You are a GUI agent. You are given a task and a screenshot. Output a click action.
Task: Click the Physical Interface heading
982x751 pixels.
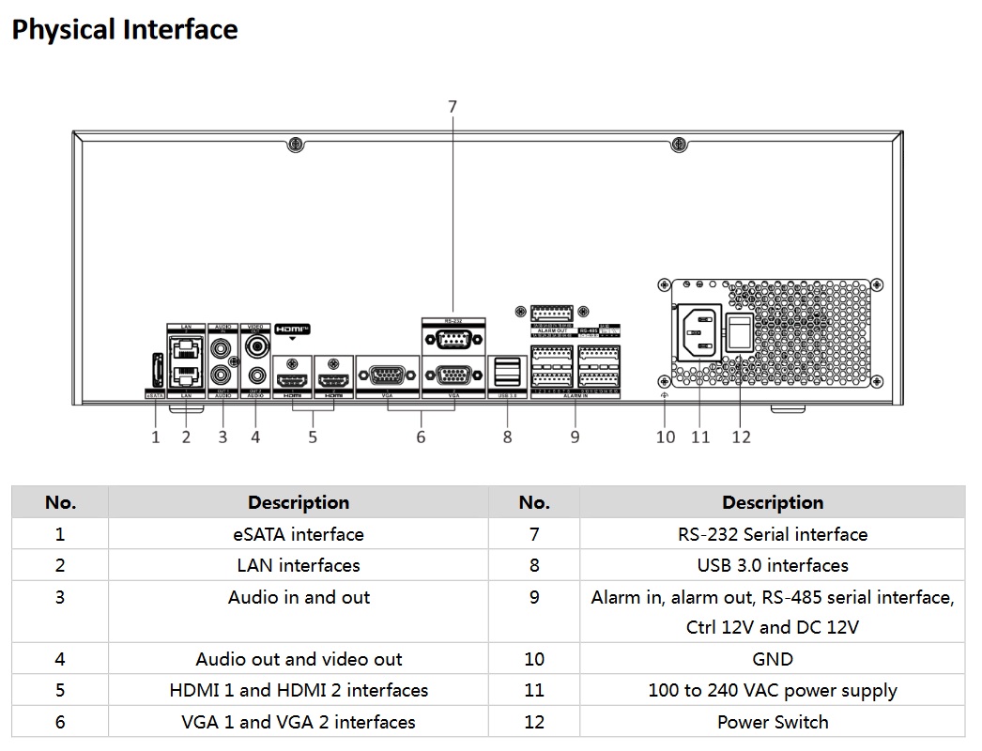pos(125,30)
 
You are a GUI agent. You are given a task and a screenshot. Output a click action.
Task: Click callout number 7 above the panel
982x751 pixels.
pos(453,107)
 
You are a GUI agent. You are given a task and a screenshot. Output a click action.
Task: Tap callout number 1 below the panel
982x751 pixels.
pos(156,437)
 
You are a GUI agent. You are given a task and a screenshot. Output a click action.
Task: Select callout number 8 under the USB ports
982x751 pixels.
pos(507,437)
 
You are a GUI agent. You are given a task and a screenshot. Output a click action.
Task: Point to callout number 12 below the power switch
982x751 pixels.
pos(741,437)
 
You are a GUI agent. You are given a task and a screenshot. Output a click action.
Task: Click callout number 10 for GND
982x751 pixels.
pos(666,437)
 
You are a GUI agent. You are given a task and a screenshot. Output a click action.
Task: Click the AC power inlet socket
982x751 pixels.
pos(699,334)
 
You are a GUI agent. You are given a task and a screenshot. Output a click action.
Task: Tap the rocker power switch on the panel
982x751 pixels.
pos(742,334)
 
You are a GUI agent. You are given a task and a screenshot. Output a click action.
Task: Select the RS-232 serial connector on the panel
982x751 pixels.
pos(453,341)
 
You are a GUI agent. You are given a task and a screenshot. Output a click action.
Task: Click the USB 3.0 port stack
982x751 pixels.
pos(507,371)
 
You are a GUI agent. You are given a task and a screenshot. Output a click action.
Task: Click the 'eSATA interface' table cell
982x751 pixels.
pos(299,534)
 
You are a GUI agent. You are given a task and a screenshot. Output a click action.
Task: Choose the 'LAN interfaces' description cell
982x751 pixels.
pos(299,565)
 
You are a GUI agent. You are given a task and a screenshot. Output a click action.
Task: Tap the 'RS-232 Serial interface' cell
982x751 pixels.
pos(773,534)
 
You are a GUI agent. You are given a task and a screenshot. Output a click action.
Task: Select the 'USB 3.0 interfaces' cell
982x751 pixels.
pos(773,565)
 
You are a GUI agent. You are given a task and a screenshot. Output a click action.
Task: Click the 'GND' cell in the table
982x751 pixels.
pos(773,659)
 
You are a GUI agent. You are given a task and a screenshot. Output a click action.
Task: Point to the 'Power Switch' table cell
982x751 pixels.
pos(773,722)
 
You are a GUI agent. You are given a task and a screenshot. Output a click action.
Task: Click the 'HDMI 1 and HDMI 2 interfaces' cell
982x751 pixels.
pos(299,690)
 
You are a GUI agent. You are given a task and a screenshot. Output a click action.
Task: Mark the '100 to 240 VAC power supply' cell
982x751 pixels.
pos(773,690)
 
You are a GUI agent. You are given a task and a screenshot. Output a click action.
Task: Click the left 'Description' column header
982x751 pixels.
pos(299,502)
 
